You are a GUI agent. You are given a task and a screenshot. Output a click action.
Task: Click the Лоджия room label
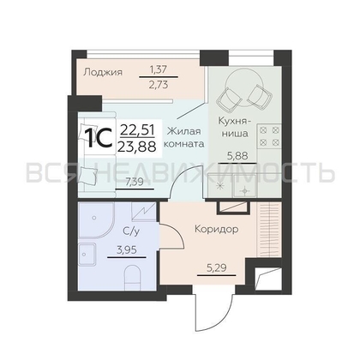pyautogui.click(x=103, y=72)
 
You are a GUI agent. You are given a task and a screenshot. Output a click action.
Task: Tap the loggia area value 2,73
pyautogui.click(x=159, y=85)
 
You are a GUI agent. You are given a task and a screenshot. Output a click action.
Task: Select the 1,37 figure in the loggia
pyautogui.click(x=159, y=69)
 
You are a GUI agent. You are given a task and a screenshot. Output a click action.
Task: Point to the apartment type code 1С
pyautogui.click(x=99, y=138)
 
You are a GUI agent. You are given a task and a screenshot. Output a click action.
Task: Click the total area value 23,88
pyautogui.click(x=138, y=147)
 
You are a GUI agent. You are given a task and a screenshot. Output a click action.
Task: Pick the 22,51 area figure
pyautogui.click(x=138, y=130)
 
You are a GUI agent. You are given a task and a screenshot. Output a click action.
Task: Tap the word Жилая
pyautogui.click(x=184, y=131)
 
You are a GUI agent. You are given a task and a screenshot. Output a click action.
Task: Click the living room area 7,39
pyautogui.click(x=135, y=182)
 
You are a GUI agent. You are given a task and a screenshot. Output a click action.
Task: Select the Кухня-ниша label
pyautogui.click(x=234, y=127)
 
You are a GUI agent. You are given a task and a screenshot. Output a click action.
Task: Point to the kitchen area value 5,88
pyautogui.click(x=237, y=156)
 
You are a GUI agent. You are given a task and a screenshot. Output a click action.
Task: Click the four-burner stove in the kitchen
pyautogui.click(x=269, y=135)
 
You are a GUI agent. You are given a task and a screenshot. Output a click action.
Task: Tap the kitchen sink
pyautogui.click(x=245, y=186)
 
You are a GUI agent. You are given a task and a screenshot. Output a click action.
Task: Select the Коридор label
pyautogui.click(x=217, y=229)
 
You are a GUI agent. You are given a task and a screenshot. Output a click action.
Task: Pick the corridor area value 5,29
pyautogui.click(x=216, y=268)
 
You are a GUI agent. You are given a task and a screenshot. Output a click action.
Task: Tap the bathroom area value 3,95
pyautogui.click(x=127, y=250)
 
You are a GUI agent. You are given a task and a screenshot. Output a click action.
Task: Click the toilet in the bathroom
pyautogui.click(x=133, y=278)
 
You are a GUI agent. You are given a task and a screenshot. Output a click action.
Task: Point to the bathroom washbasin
pyautogui.click(x=87, y=254)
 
